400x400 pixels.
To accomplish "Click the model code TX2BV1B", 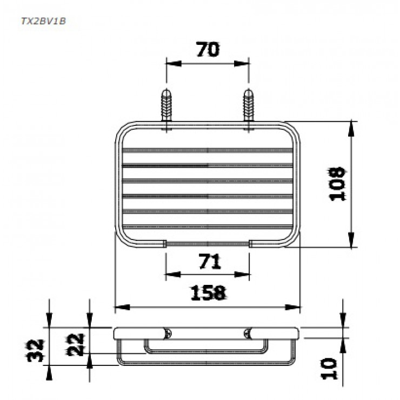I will (x=43, y=21).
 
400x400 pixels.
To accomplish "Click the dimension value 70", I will (x=208, y=50).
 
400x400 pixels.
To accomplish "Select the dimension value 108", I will (x=338, y=184).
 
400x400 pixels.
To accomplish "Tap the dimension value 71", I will (x=209, y=262).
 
